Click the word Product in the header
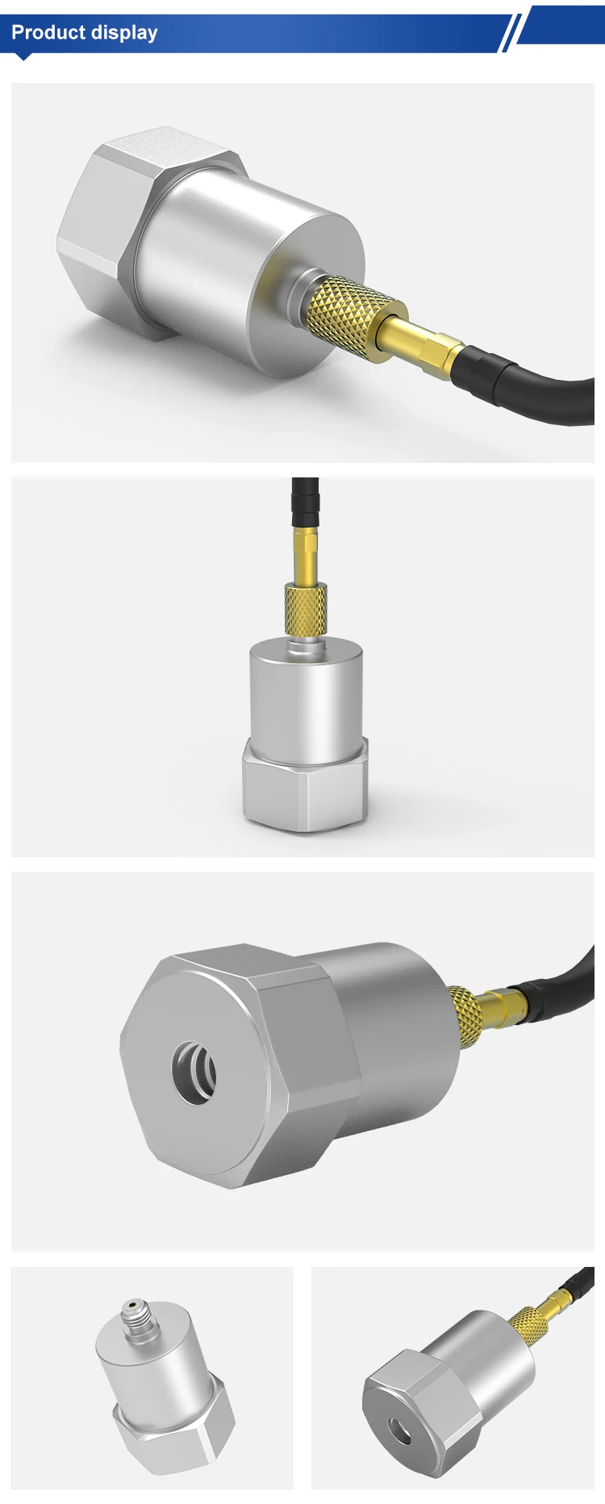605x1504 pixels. click(x=48, y=33)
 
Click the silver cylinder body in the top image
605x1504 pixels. click(x=242, y=266)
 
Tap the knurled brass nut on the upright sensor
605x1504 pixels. click(x=306, y=610)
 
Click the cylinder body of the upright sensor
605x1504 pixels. click(x=305, y=702)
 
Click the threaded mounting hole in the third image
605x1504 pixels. click(x=194, y=1073)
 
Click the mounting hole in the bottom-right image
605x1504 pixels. click(x=400, y=1427)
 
